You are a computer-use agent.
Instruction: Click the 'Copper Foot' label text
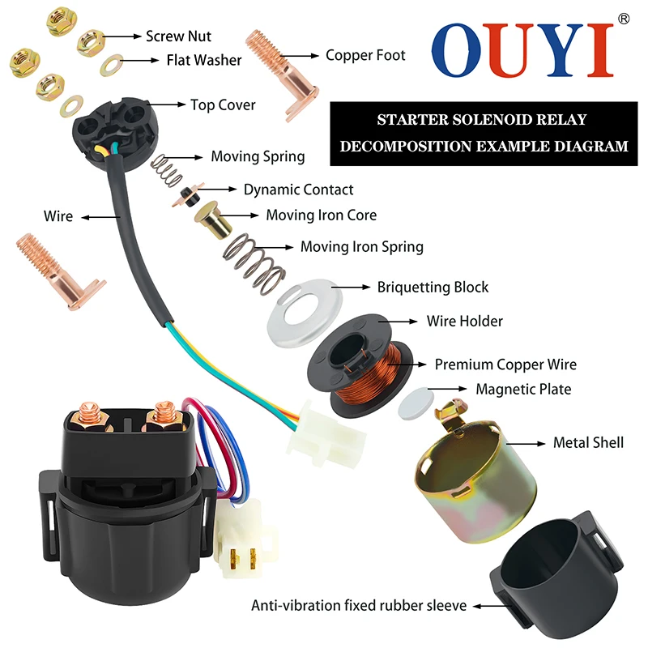[x=365, y=55]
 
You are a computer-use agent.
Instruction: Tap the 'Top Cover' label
[x=223, y=104]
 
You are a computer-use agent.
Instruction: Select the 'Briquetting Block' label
[x=433, y=287]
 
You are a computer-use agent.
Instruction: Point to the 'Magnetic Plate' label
[x=523, y=390]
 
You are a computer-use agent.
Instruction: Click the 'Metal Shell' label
[x=588, y=442]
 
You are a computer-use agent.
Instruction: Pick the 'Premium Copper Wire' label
[x=505, y=364]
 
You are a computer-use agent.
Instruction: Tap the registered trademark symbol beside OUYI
[x=623, y=18]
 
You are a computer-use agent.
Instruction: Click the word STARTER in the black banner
[x=412, y=120]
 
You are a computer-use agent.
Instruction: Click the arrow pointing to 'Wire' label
[x=98, y=216]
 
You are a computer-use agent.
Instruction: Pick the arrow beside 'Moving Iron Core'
[x=242, y=215]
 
